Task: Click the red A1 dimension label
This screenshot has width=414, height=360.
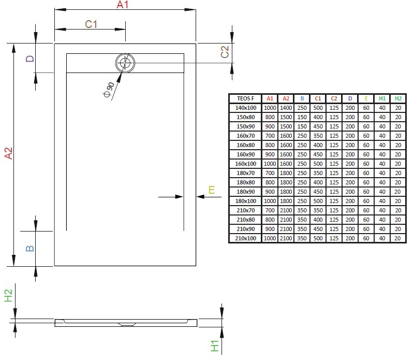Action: pyautogui.click(x=122, y=5)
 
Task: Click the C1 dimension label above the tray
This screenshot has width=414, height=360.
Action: pyautogui.click(x=91, y=23)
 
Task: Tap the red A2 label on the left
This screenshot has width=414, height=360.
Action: pyautogui.click(x=8, y=154)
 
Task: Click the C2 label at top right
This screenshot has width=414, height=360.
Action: pyautogui.click(x=225, y=52)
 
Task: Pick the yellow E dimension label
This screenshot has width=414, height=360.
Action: pyautogui.click(x=211, y=190)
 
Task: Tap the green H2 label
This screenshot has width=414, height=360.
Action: pyautogui.click(x=8, y=296)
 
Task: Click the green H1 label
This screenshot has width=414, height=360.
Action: pyautogui.click(x=215, y=346)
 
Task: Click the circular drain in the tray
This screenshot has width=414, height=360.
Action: pyautogui.click(x=125, y=63)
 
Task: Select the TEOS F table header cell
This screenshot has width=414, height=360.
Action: pyautogui.click(x=245, y=98)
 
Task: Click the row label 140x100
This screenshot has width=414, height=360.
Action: pyautogui.click(x=245, y=108)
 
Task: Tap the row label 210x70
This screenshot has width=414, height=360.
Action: pyautogui.click(x=245, y=210)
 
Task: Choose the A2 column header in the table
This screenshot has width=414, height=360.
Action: pyautogui.click(x=285, y=98)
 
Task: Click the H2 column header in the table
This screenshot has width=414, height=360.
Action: pyautogui.click(x=397, y=98)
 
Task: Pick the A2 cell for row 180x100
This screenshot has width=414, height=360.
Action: pyautogui.click(x=285, y=201)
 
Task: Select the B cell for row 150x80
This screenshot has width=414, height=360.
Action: pyautogui.click(x=302, y=117)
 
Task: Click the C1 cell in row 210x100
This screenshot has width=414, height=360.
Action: pyautogui.click(x=318, y=238)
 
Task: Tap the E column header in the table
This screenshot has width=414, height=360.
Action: pyautogui.click(x=366, y=98)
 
